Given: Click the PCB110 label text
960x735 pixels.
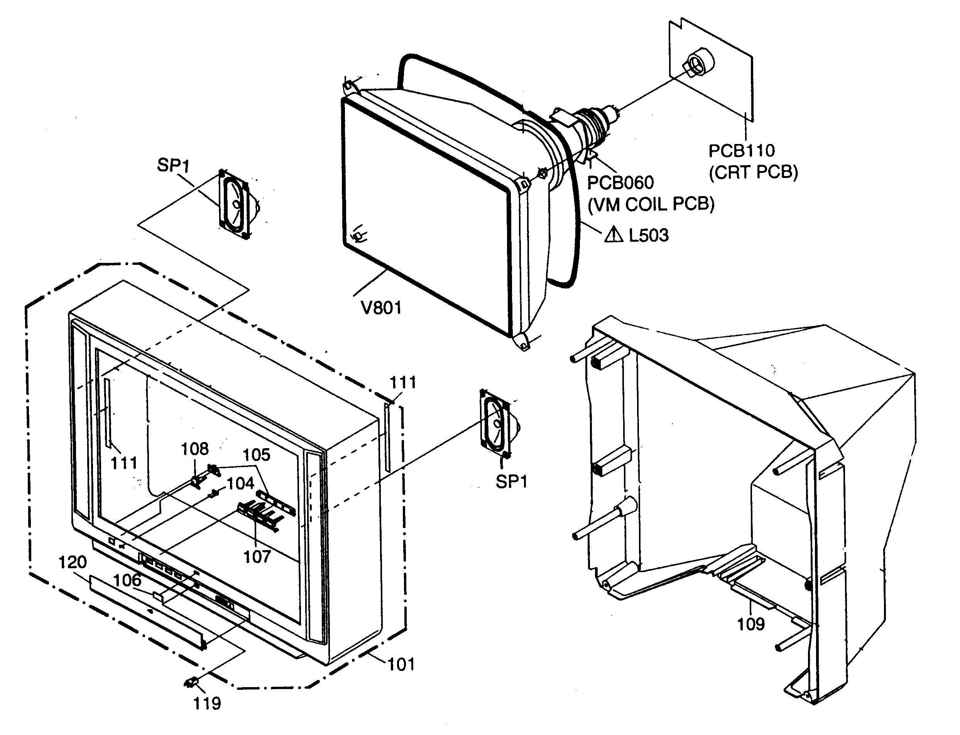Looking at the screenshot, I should click(741, 151).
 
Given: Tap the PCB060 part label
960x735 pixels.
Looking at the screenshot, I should click(620, 183).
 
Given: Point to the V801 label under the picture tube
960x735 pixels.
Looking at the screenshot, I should click(381, 308).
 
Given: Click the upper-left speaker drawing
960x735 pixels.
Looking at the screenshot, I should click(237, 205).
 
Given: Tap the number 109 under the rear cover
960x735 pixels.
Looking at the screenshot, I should click(750, 624).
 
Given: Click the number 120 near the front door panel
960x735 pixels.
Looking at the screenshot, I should click(72, 562).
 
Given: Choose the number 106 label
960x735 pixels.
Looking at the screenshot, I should click(127, 580).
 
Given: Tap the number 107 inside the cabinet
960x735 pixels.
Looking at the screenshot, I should click(257, 557).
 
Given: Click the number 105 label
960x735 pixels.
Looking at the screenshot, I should click(256, 455).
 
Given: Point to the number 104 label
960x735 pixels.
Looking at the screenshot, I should click(240, 483).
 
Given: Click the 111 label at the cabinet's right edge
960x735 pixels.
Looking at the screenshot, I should click(402, 383).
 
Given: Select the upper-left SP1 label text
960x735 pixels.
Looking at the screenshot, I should click(173, 165).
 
